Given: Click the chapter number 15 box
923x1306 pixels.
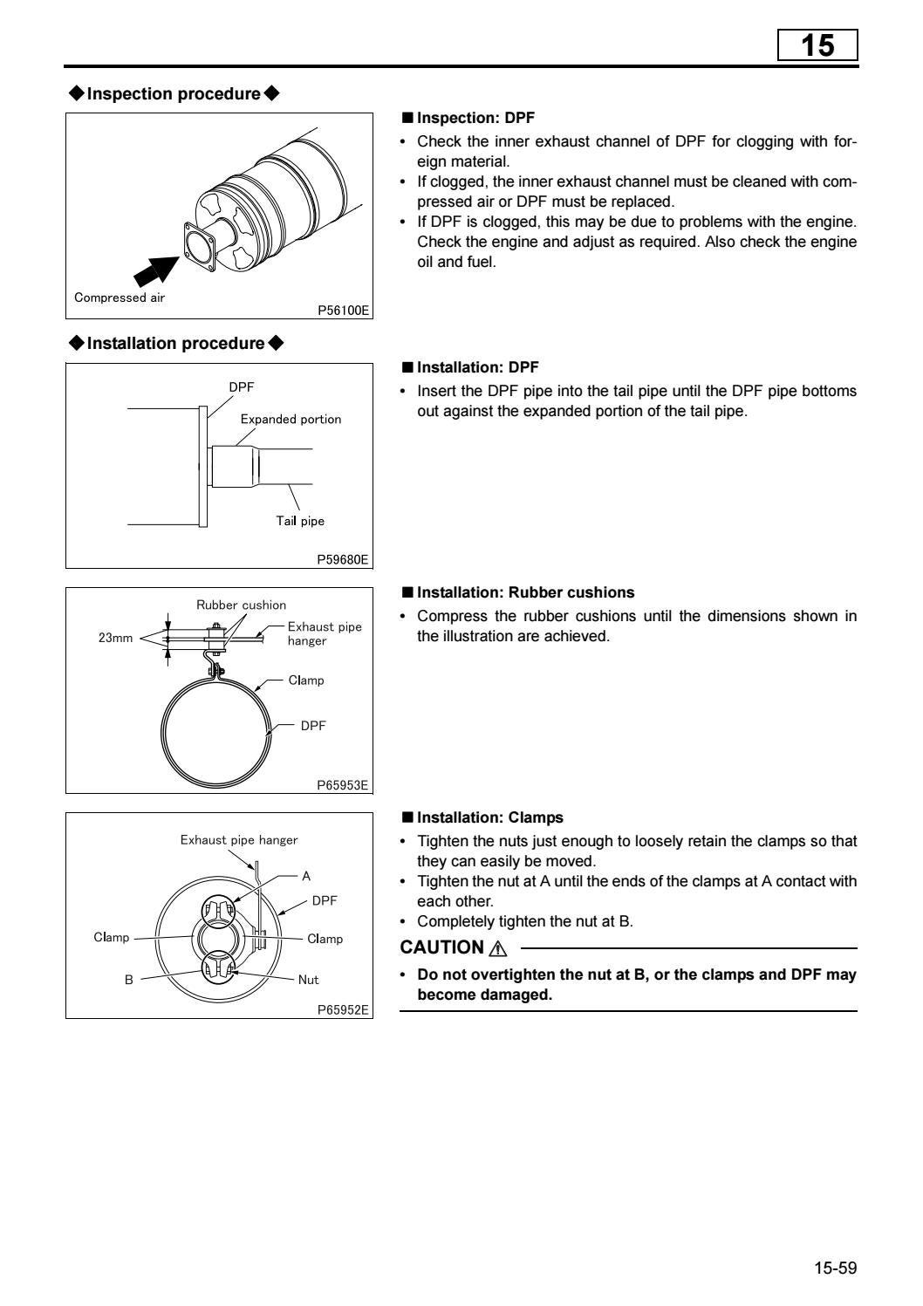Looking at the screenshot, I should pos(817,45).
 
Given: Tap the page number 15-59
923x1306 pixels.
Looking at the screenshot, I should pos(836,1268).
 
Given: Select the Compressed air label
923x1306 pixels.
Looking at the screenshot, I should pos(120,297).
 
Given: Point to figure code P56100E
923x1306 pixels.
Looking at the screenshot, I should pos(343,310).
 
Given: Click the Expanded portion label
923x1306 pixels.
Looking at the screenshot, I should pos(291,420).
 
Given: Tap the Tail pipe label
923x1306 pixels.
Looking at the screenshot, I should pos(300,521).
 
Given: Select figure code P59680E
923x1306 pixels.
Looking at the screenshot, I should pos(343,559).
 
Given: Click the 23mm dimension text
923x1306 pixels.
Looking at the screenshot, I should pos(115,638).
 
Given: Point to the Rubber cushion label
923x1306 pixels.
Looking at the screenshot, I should pos(241,605).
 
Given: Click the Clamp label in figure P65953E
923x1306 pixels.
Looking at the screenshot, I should pos(306,680).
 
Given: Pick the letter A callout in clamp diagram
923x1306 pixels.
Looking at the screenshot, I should pos(306,876).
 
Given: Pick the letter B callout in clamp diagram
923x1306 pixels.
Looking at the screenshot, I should pos(129,980).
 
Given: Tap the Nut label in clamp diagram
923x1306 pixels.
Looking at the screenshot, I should pos(308,980).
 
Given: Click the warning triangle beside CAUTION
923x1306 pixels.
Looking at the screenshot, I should pos(498,948).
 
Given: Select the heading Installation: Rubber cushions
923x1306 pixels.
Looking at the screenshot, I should pos(525,592).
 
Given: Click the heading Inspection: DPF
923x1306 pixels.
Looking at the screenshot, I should pos(475,118).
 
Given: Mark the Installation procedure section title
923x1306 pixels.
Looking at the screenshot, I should pos(175,343).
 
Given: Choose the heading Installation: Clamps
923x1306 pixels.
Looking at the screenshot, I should pos(489,817).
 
